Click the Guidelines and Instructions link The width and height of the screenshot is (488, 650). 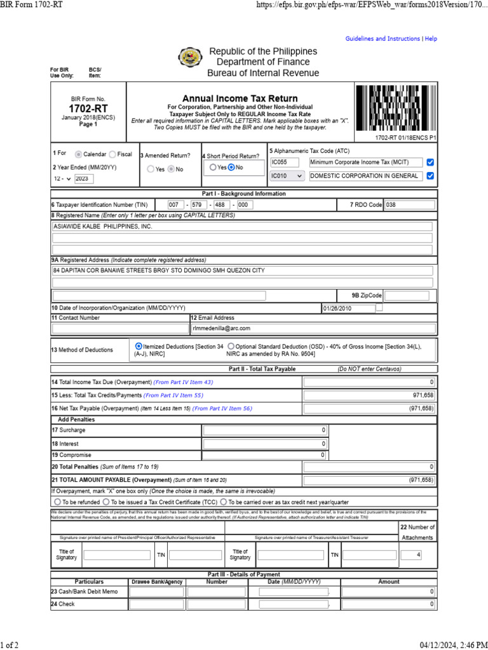tap(383, 39)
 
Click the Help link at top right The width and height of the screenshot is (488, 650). tap(431, 39)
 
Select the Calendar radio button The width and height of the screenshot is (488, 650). tap(78, 154)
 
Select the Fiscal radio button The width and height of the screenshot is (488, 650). tap(112, 154)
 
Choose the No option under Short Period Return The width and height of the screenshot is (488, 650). tap(231, 168)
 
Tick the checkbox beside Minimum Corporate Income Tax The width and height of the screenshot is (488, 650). tap(430, 162)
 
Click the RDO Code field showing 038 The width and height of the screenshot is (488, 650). tap(409, 205)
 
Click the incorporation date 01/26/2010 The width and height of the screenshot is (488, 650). tap(348, 308)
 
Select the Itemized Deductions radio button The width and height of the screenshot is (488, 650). tap(139, 346)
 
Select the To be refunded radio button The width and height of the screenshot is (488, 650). tap(55, 501)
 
